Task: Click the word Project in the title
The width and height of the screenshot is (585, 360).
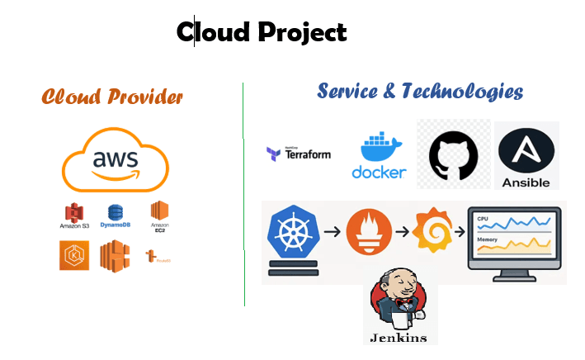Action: tap(301, 32)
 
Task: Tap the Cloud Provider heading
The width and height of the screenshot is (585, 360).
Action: tap(112, 97)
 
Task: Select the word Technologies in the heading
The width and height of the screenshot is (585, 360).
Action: tap(462, 91)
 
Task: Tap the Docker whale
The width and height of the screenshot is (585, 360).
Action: tap(379, 150)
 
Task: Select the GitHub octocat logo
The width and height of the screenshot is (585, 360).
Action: tap(453, 154)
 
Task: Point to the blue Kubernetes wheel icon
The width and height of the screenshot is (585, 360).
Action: tap(292, 233)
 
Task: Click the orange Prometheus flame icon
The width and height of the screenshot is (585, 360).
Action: tap(368, 233)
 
